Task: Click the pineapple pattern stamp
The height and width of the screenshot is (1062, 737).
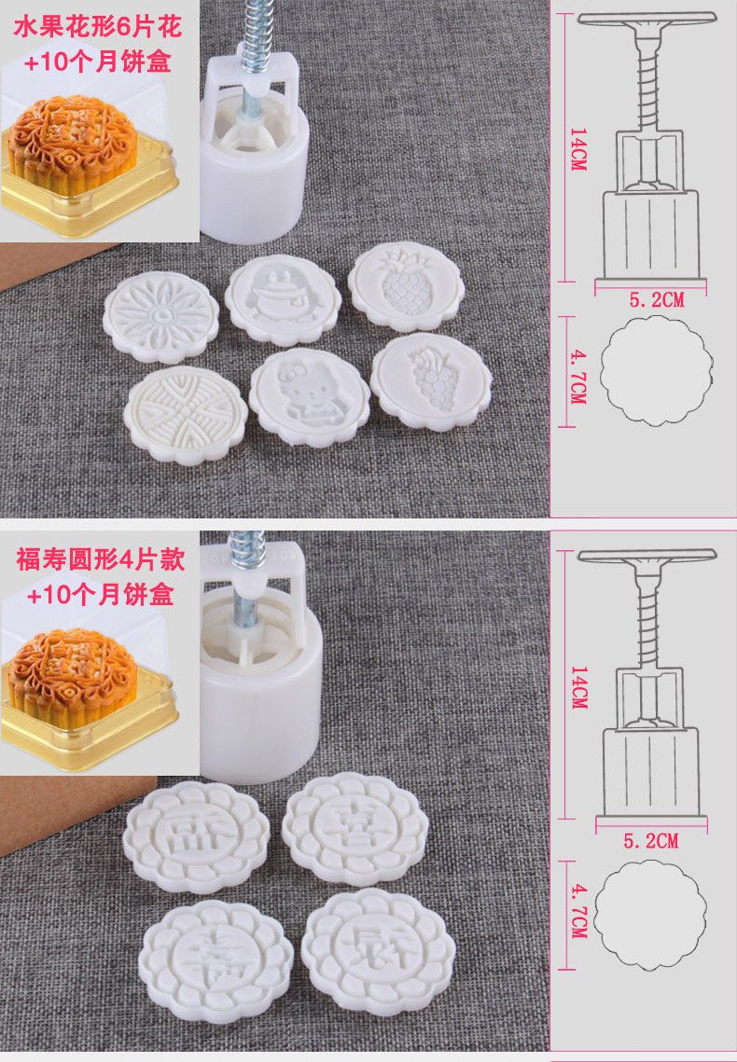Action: (407, 286)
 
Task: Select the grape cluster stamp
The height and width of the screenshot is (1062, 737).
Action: (432, 381)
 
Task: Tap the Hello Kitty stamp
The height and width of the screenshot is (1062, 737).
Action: (310, 396)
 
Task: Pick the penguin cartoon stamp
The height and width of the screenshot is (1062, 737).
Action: (283, 298)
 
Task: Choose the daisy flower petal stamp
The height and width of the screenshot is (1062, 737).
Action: (161, 317)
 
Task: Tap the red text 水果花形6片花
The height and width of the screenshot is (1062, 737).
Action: (99, 27)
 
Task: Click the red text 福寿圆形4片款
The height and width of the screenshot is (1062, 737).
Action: (100, 560)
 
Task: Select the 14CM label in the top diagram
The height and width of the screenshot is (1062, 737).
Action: (577, 149)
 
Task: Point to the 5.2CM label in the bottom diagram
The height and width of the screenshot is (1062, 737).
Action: (650, 841)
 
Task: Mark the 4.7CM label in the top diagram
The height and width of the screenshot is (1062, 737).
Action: (577, 377)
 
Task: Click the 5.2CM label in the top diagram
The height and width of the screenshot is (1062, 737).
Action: (657, 299)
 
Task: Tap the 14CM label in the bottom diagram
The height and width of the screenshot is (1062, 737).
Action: (578, 687)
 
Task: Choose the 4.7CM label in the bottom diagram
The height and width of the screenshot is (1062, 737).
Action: (577, 911)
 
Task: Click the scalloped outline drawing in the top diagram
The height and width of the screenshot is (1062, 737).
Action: (601, 371)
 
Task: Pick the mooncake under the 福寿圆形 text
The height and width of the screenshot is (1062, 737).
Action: (73, 677)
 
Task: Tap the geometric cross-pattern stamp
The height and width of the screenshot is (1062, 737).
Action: (185, 415)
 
